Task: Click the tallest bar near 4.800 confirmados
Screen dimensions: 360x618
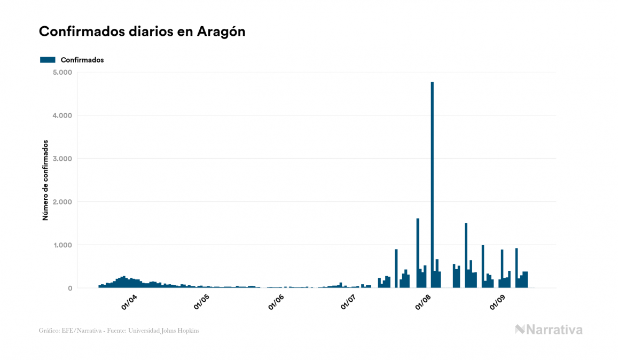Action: pos(432,185)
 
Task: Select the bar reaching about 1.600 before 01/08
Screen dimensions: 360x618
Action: pos(418,253)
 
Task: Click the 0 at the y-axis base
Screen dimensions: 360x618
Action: pos(69,288)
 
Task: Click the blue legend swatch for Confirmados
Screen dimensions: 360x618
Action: pos(48,60)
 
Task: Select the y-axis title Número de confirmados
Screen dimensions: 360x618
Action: pos(45,180)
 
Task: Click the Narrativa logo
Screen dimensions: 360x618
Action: pos(549,330)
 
